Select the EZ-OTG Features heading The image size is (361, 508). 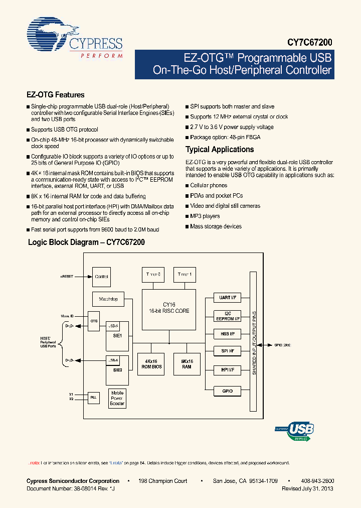point(55,94)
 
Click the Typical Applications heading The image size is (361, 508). point(220,149)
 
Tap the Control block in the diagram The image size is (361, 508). point(101,277)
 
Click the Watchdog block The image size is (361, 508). point(108,299)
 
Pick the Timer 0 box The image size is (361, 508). point(153,275)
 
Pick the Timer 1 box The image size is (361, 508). point(185,275)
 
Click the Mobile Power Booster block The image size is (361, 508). point(117,398)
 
